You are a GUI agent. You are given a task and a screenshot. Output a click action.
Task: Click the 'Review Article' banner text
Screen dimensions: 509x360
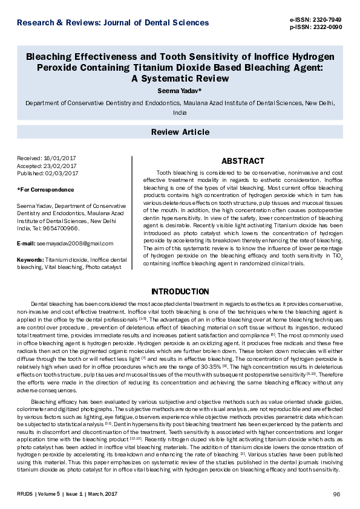click(180, 132)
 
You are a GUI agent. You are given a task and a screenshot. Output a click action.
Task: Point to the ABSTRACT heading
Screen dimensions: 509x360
click(243, 161)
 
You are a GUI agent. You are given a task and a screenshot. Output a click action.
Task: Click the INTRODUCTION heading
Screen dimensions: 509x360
click(180, 291)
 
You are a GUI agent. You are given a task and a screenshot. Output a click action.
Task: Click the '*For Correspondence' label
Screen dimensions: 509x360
click(42, 190)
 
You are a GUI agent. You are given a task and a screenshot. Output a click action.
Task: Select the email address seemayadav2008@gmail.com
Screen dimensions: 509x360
click(74, 244)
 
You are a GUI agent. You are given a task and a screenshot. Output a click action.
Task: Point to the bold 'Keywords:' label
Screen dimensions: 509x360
click(30, 259)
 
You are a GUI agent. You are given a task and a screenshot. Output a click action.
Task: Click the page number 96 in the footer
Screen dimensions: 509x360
click(337, 494)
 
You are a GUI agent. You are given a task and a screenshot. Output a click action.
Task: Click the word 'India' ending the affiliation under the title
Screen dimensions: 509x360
click(180, 113)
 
